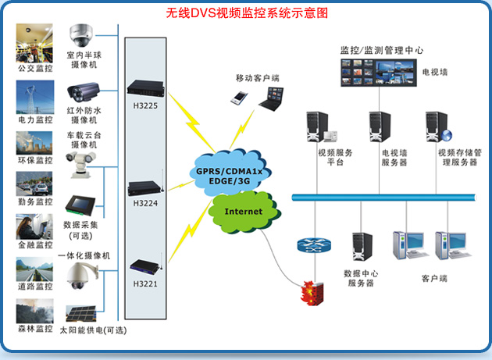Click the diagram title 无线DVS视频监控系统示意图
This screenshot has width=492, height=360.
[x=247, y=13]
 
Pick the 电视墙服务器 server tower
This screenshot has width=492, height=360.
[x=380, y=127]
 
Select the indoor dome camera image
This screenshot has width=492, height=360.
[x=81, y=34]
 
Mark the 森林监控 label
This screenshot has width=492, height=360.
[x=35, y=329]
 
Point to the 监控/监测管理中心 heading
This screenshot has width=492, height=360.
[x=382, y=49]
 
